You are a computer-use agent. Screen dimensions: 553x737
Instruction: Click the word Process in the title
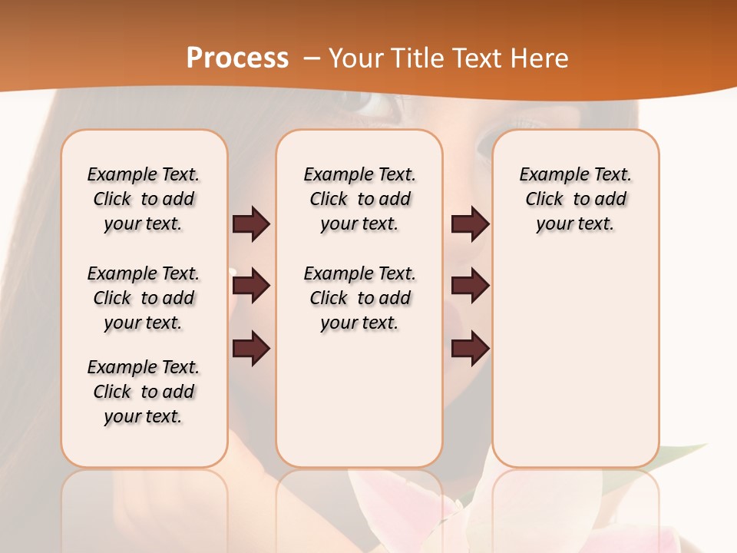[237, 58]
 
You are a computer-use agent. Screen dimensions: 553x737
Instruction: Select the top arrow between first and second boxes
[251, 224]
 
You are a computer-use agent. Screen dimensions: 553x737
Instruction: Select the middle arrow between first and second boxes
[251, 286]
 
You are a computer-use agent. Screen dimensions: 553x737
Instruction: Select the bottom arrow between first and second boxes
[251, 349]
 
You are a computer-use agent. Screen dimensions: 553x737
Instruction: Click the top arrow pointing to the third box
[470, 224]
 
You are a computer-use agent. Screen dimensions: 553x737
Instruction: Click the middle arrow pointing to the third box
[470, 286]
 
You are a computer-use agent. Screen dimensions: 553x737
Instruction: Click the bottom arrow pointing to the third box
[470, 349]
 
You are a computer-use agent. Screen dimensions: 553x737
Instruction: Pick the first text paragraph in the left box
[144, 199]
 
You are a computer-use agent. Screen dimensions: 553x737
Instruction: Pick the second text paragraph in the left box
[144, 298]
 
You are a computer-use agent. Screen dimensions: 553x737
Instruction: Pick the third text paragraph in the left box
[144, 392]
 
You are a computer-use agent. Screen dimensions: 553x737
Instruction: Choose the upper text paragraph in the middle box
[359, 199]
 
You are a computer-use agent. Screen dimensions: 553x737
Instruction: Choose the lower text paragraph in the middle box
[359, 298]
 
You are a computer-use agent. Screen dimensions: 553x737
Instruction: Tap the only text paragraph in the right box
[575, 199]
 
